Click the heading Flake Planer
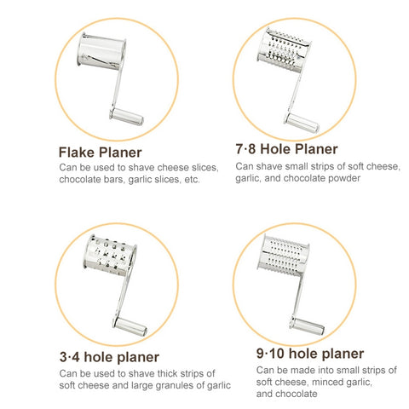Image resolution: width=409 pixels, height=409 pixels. point(100,153)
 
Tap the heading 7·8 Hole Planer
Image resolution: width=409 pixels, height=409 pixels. point(286,149)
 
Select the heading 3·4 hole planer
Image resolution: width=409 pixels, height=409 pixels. point(109,357)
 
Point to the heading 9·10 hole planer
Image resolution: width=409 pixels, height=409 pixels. point(310,354)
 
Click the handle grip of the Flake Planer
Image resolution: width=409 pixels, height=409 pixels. point(127,116)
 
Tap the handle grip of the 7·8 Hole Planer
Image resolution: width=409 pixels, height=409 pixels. point(302,123)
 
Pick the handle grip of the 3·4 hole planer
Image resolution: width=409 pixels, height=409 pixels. point(130,325)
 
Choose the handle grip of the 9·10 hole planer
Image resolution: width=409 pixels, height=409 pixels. point(308,325)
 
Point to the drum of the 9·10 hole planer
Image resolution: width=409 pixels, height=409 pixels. point(284,255)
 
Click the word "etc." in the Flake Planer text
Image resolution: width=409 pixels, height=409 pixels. point(192,180)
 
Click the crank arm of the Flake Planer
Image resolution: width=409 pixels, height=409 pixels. point(118,85)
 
